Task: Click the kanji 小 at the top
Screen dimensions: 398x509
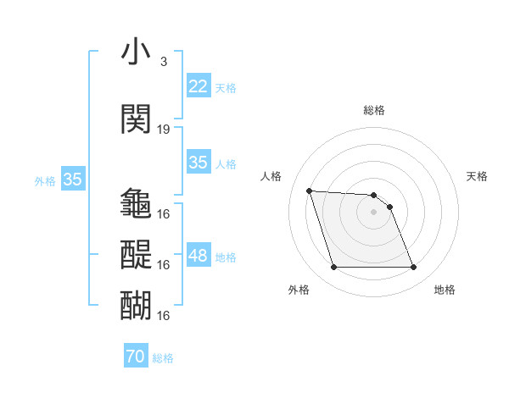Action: tap(137, 53)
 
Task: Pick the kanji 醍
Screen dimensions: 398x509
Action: tap(137, 254)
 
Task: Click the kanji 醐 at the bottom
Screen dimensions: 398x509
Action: tap(137, 304)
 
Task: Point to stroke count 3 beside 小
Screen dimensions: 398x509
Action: tap(164, 62)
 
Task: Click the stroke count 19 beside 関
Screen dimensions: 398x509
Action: tap(164, 130)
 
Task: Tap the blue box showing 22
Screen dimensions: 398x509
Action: tap(199, 86)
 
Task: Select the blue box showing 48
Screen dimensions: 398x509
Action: tap(199, 256)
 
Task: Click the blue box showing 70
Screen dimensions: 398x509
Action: tap(136, 357)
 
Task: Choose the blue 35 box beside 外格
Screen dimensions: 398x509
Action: tap(73, 180)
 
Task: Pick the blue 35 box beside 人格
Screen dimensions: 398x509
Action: tap(199, 163)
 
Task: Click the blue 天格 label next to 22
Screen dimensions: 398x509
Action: tap(226, 87)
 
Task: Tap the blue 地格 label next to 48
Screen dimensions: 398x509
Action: tap(226, 257)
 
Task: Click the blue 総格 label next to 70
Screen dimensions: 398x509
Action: tap(163, 358)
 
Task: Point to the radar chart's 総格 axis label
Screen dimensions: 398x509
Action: tap(374, 110)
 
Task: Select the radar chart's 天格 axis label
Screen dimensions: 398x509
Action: tap(478, 176)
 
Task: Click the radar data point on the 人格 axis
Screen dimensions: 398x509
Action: tap(310, 191)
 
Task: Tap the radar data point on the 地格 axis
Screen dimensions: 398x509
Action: tap(413, 268)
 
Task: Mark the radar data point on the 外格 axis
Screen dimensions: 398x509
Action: tap(333, 268)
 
